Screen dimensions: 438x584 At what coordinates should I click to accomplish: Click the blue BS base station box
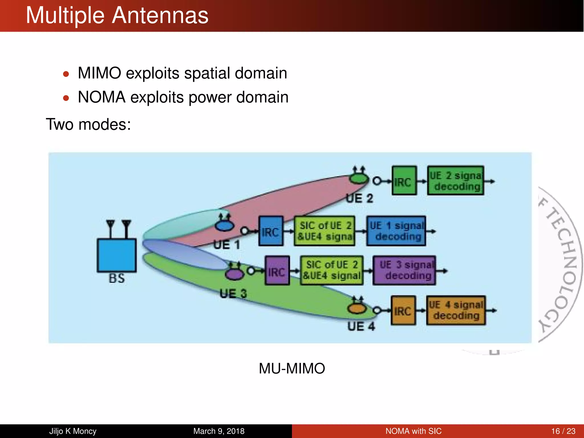pos(117,255)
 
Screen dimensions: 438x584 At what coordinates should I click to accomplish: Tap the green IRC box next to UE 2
pos(404,181)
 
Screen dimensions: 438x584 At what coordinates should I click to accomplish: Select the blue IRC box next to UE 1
pos(271,231)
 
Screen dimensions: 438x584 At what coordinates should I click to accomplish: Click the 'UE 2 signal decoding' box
pos(455,181)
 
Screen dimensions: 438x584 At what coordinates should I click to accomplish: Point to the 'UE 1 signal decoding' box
pos(396,231)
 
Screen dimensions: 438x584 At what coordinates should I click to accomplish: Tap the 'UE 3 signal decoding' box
pos(404,270)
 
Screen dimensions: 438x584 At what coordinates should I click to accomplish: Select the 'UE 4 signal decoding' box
pos(456,310)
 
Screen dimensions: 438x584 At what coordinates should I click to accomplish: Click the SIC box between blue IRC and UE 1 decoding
pos(324,231)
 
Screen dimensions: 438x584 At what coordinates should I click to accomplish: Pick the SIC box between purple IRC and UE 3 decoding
pos(332,270)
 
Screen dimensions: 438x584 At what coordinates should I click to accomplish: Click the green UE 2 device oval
pos(359,179)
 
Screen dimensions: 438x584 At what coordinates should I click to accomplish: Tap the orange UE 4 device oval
pos(357,309)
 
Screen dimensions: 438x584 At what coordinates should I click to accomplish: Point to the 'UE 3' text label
pos(233,293)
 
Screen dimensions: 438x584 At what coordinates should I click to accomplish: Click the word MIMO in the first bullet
pos(100,73)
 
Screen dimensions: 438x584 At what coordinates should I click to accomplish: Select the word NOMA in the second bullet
pos(102,97)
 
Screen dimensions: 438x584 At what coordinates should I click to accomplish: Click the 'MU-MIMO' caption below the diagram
pos(292,368)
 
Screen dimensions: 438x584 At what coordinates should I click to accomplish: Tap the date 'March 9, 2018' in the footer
pos(219,431)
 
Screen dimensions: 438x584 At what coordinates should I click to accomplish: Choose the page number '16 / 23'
pos(563,431)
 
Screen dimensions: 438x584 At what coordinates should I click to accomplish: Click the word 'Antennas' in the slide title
pos(160,15)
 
